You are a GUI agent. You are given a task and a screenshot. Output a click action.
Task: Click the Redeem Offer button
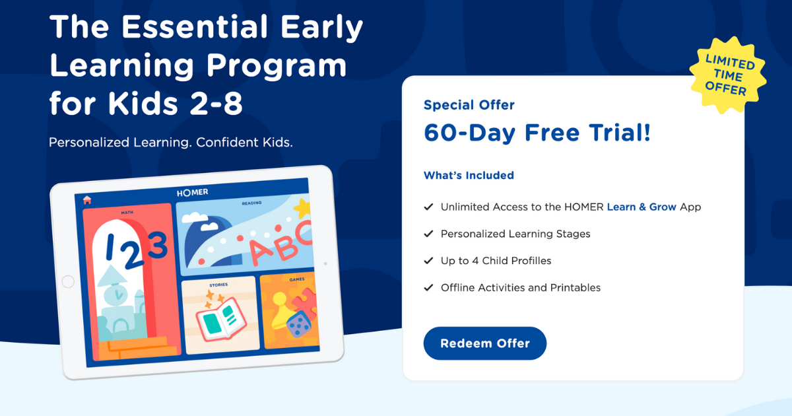tap(484, 343)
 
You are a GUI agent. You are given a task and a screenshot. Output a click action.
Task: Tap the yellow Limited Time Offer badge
tap(728, 75)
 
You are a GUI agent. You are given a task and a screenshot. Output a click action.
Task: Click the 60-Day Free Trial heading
tap(537, 133)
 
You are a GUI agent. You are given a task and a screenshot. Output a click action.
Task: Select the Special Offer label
tap(469, 105)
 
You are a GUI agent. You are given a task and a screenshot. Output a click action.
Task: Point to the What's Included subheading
tap(469, 176)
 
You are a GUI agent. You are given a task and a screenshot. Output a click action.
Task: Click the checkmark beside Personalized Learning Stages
tap(428, 234)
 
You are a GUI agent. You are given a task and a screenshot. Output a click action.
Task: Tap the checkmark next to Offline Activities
tap(428, 288)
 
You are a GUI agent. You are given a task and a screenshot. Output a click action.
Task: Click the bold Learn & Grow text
tap(642, 207)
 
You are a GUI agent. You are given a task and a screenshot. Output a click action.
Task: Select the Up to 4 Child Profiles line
tap(496, 261)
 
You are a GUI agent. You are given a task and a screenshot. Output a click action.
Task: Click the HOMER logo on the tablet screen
tap(192, 192)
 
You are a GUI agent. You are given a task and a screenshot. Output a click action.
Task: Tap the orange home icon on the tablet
tap(87, 200)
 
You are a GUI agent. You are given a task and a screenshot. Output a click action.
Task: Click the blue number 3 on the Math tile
tap(157, 247)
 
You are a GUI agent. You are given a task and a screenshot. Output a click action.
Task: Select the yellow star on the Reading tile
tap(302, 209)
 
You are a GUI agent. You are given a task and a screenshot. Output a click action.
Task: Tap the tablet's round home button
tap(67, 282)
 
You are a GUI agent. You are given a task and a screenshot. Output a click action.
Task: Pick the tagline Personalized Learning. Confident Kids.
tap(171, 143)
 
